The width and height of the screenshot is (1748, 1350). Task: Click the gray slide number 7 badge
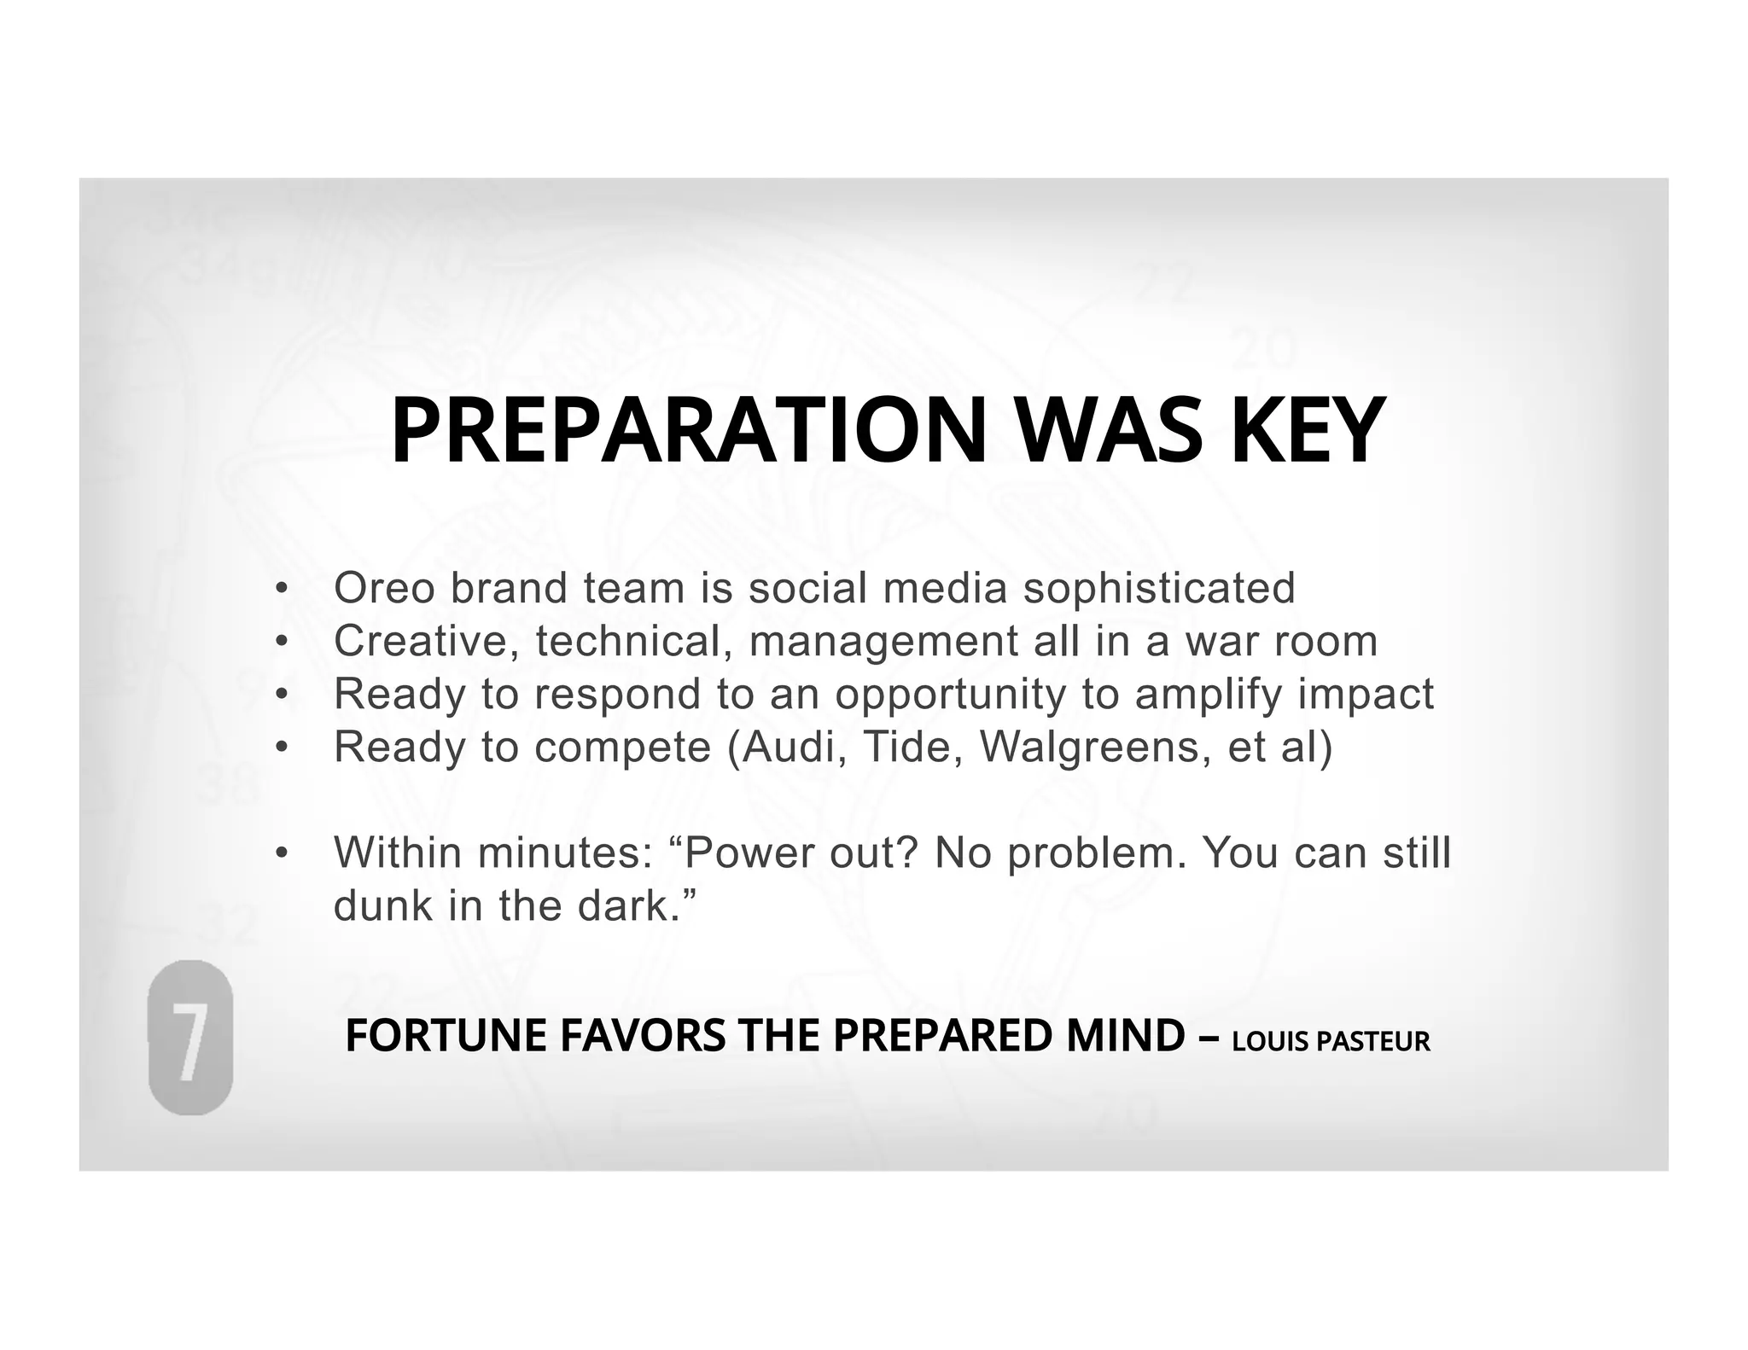[x=190, y=1038]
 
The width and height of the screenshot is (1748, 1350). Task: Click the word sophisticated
[x=1159, y=588]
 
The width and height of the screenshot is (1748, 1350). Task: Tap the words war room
[x=1280, y=641]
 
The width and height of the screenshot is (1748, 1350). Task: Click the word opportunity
[x=951, y=695]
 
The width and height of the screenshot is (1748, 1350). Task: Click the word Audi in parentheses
[x=794, y=747]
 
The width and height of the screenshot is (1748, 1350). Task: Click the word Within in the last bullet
[x=398, y=852]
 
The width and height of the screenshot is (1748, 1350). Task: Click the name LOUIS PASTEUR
[x=1331, y=1042]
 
